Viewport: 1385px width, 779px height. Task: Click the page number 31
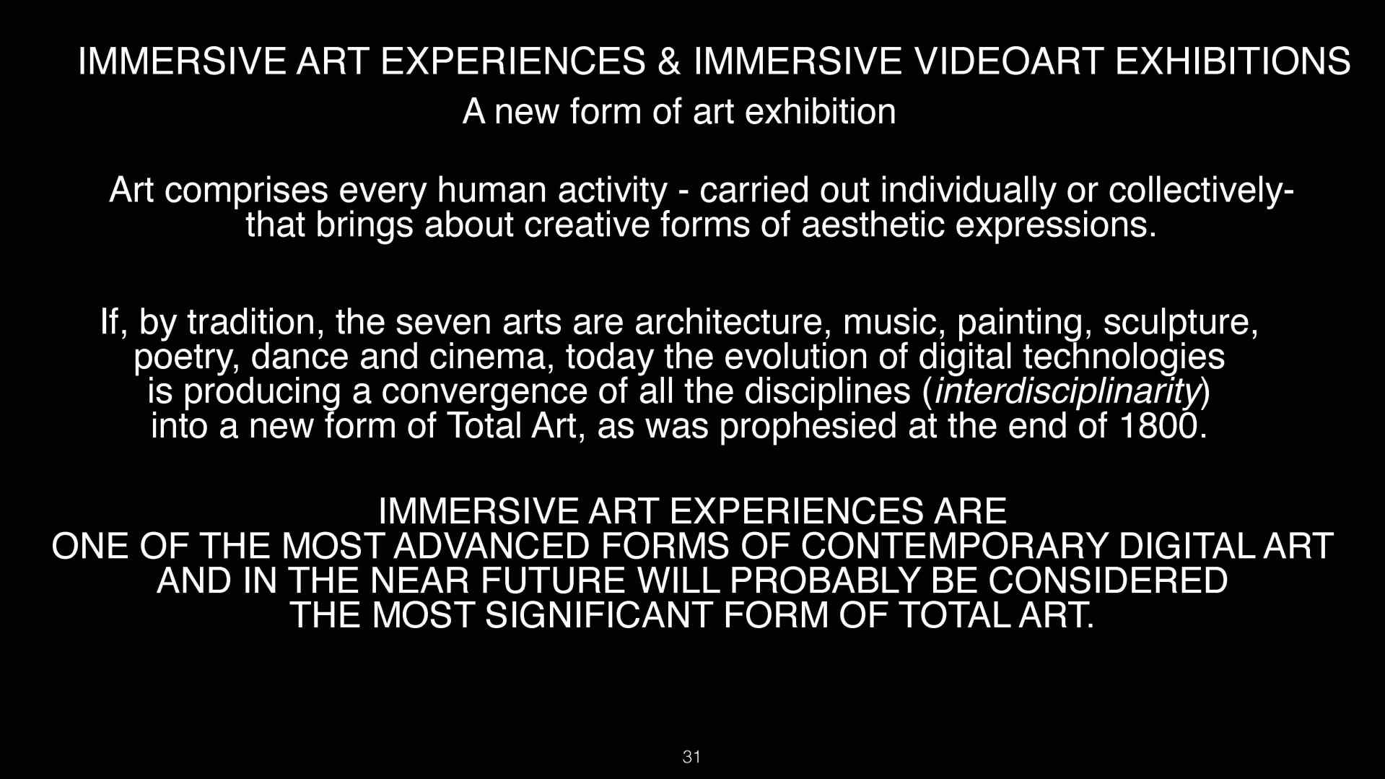point(691,757)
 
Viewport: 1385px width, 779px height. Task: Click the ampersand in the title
point(669,61)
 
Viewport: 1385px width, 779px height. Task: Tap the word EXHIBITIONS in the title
point(1233,61)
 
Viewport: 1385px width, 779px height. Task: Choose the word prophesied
point(808,426)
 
